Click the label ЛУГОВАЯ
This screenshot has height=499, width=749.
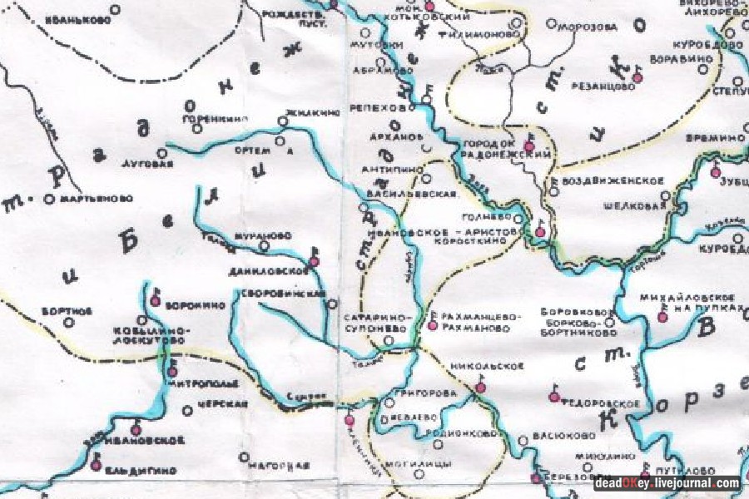click(x=147, y=164)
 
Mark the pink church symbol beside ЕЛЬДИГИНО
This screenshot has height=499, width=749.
click(x=97, y=466)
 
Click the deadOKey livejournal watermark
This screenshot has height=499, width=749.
click(x=667, y=483)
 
